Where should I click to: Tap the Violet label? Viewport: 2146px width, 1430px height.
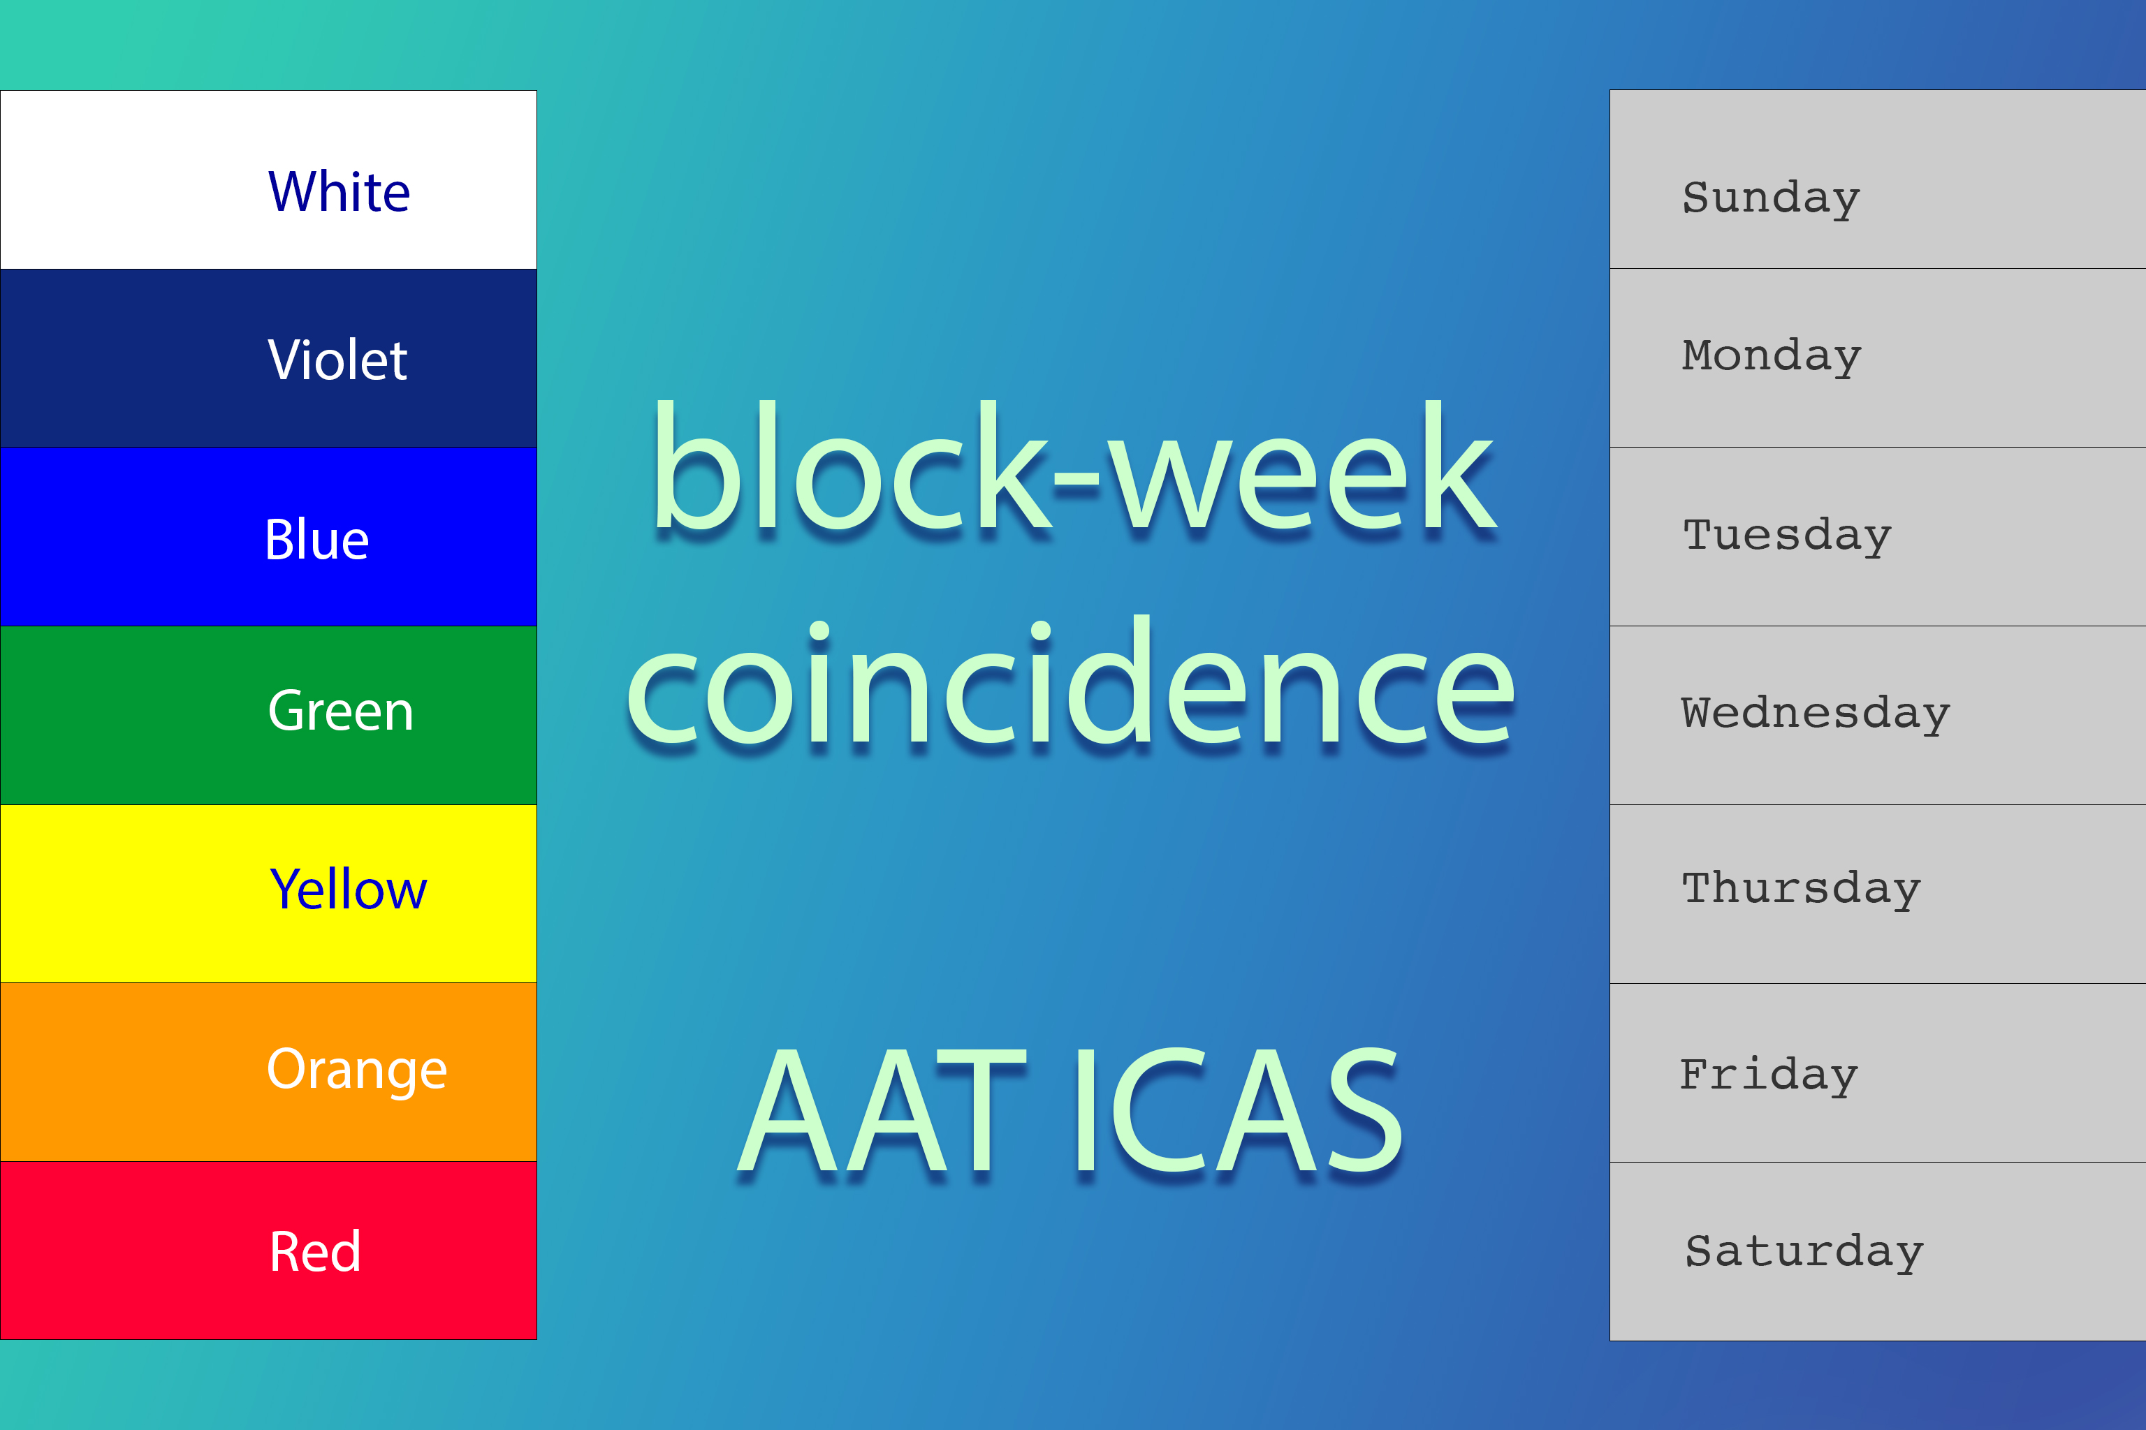tap(337, 360)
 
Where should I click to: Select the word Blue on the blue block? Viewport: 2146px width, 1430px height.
tap(316, 539)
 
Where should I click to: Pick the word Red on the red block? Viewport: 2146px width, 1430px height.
tap(315, 1251)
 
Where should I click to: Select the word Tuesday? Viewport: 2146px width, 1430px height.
tap(1786, 536)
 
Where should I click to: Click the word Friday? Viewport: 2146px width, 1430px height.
tap(1768, 1076)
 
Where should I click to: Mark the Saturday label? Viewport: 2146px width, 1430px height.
tap(1804, 1251)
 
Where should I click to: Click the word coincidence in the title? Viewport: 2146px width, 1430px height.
tap(1070, 681)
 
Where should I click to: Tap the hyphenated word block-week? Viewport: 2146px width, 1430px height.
tap(1073, 465)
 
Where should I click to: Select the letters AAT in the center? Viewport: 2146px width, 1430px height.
tap(882, 1110)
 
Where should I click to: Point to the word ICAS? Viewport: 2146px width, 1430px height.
tap(1237, 1110)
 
